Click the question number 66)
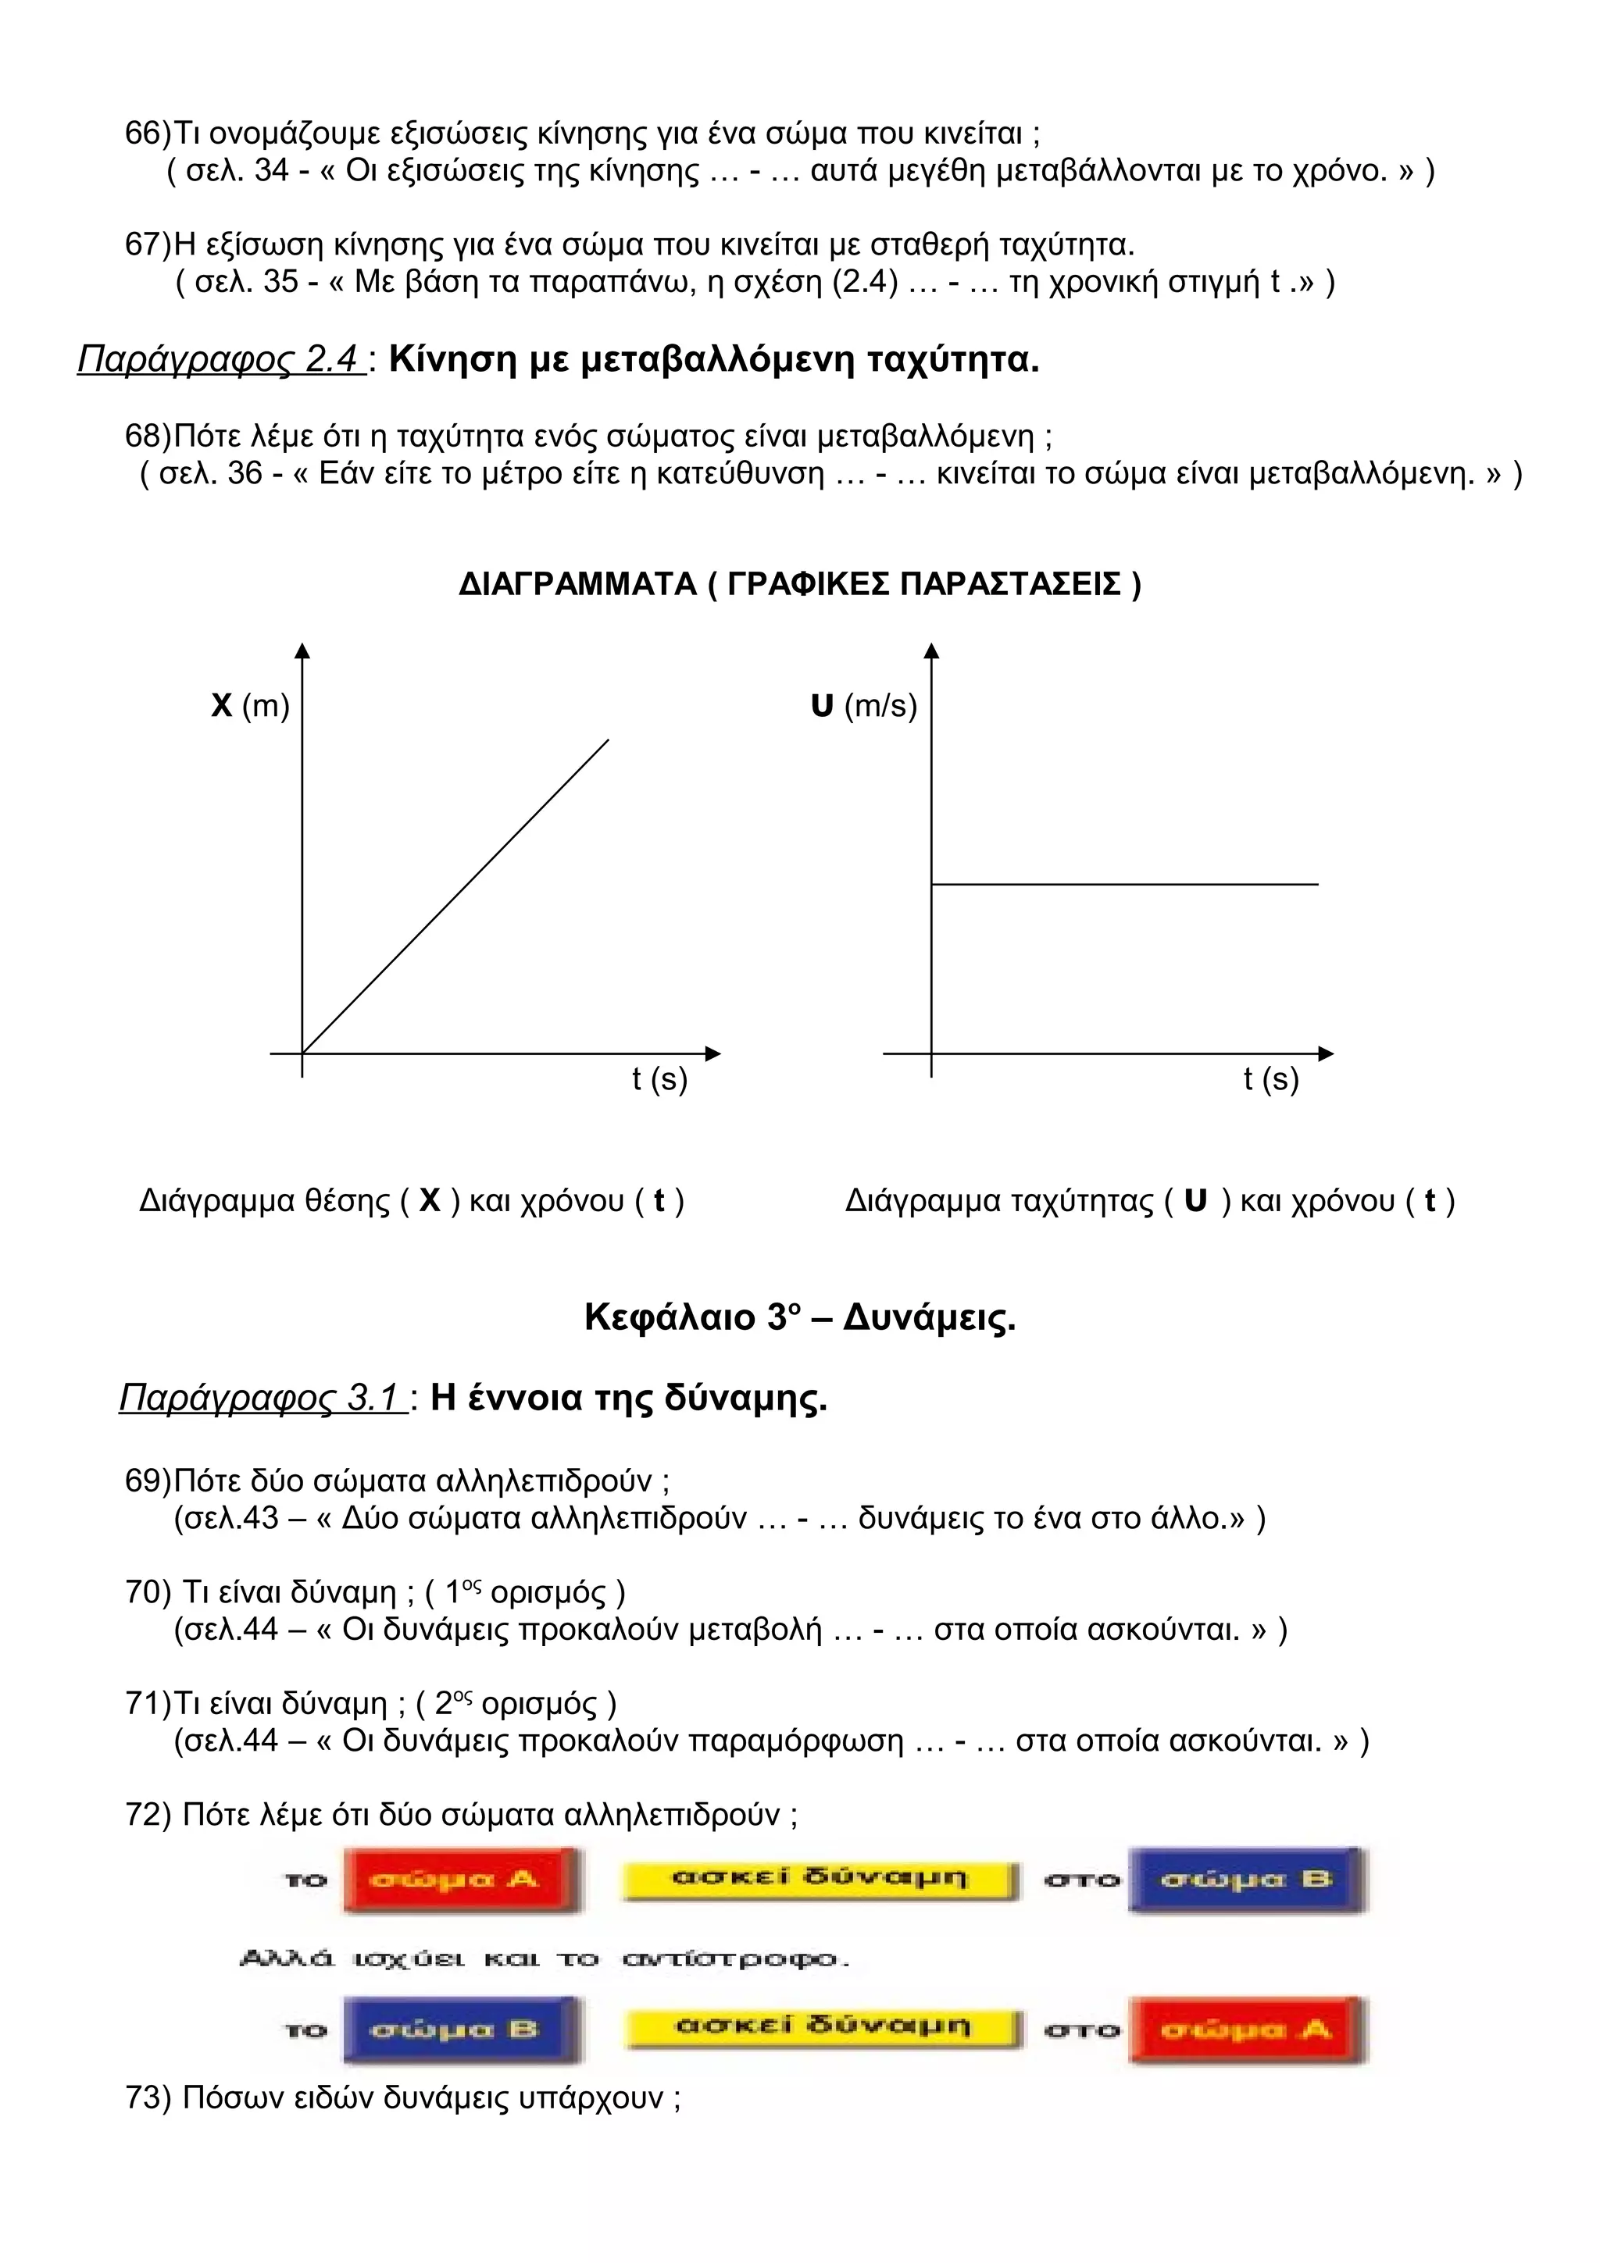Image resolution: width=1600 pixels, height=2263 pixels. pos(148,132)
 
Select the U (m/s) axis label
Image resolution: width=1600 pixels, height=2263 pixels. pos(863,706)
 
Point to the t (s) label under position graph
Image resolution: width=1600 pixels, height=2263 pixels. pos(659,1079)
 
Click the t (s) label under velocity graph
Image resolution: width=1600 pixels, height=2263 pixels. pos(1271,1079)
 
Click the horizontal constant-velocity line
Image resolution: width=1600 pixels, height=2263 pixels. pos(1124,884)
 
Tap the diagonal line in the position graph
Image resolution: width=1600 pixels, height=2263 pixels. pos(455,895)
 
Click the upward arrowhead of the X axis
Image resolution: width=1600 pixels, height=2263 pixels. pos(302,650)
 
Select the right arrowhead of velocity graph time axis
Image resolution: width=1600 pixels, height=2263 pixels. pos(1326,1053)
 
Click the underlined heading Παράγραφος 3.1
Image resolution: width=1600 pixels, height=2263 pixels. pos(262,1398)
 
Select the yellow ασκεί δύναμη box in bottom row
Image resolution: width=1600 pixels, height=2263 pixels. pos(821,2026)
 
